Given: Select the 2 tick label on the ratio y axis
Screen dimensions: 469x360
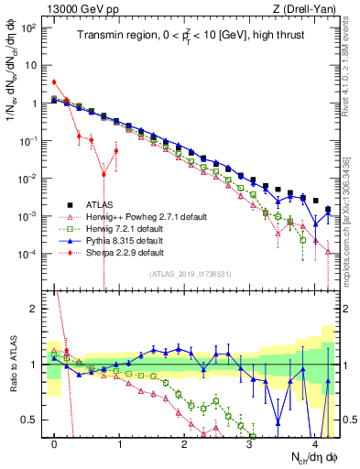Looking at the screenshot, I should coord(35,309).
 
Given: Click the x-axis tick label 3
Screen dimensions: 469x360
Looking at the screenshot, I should coord(249,442).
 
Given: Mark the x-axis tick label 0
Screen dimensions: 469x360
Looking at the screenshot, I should coord(54,442).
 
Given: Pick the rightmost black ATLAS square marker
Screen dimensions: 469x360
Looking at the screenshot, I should coord(328,209).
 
